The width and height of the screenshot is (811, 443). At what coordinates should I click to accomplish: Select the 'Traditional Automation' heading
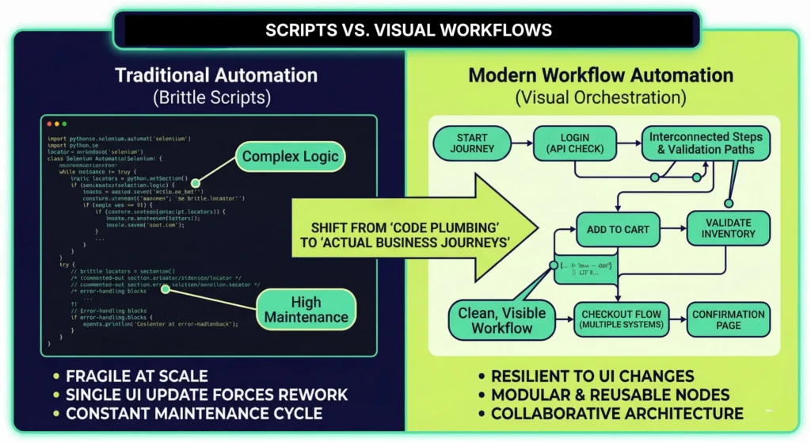pyautogui.click(x=216, y=76)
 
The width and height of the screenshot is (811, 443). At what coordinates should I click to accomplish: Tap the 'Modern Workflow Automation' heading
pyautogui.click(x=600, y=76)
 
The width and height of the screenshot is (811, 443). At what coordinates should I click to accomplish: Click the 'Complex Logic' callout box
pyautogui.click(x=291, y=156)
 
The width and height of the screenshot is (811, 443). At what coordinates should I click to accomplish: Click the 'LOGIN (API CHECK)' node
pyautogui.click(x=569, y=143)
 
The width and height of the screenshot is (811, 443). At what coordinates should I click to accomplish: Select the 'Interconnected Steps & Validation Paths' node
pyautogui.click(x=701, y=143)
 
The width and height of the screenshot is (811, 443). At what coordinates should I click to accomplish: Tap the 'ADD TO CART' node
pyautogui.click(x=618, y=229)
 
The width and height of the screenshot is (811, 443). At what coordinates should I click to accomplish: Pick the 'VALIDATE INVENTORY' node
pyautogui.click(x=727, y=228)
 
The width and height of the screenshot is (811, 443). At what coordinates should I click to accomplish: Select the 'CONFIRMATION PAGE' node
pyautogui.click(x=728, y=319)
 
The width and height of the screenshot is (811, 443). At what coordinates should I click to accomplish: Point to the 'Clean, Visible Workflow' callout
pyautogui.click(x=501, y=319)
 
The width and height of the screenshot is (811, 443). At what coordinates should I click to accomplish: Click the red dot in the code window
pyautogui.click(x=49, y=124)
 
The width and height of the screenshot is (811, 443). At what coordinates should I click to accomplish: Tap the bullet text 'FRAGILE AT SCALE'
pyautogui.click(x=136, y=376)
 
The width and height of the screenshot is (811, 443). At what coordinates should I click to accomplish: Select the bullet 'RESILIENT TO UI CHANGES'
pyautogui.click(x=592, y=376)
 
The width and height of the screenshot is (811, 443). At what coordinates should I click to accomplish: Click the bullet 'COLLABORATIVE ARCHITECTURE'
pyautogui.click(x=617, y=414)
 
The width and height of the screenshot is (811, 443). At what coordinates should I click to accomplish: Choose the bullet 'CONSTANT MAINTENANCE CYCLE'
pyautogui.click(x=194, y=414)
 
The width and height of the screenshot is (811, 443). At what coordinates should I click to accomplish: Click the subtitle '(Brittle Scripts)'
pyautogui.click(x=216, y=99)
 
